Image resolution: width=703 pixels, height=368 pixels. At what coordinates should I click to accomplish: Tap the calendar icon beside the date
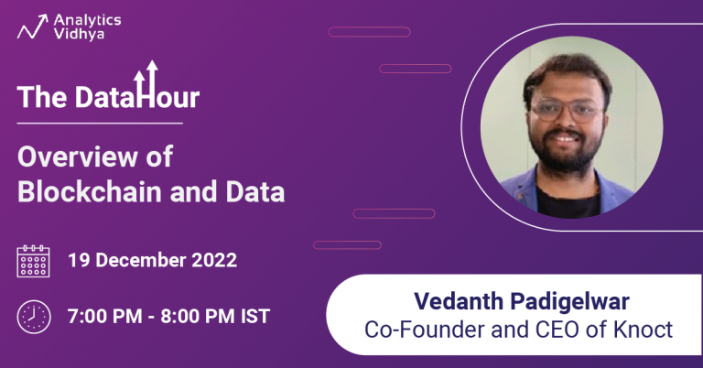[x=34, y=261]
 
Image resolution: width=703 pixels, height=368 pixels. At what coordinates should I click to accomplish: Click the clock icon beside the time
[x=34, y=317]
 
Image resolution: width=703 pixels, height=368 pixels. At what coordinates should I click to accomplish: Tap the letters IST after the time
[x=251, y=316]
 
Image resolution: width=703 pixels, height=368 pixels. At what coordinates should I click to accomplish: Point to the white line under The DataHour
[x=100, y=123]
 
